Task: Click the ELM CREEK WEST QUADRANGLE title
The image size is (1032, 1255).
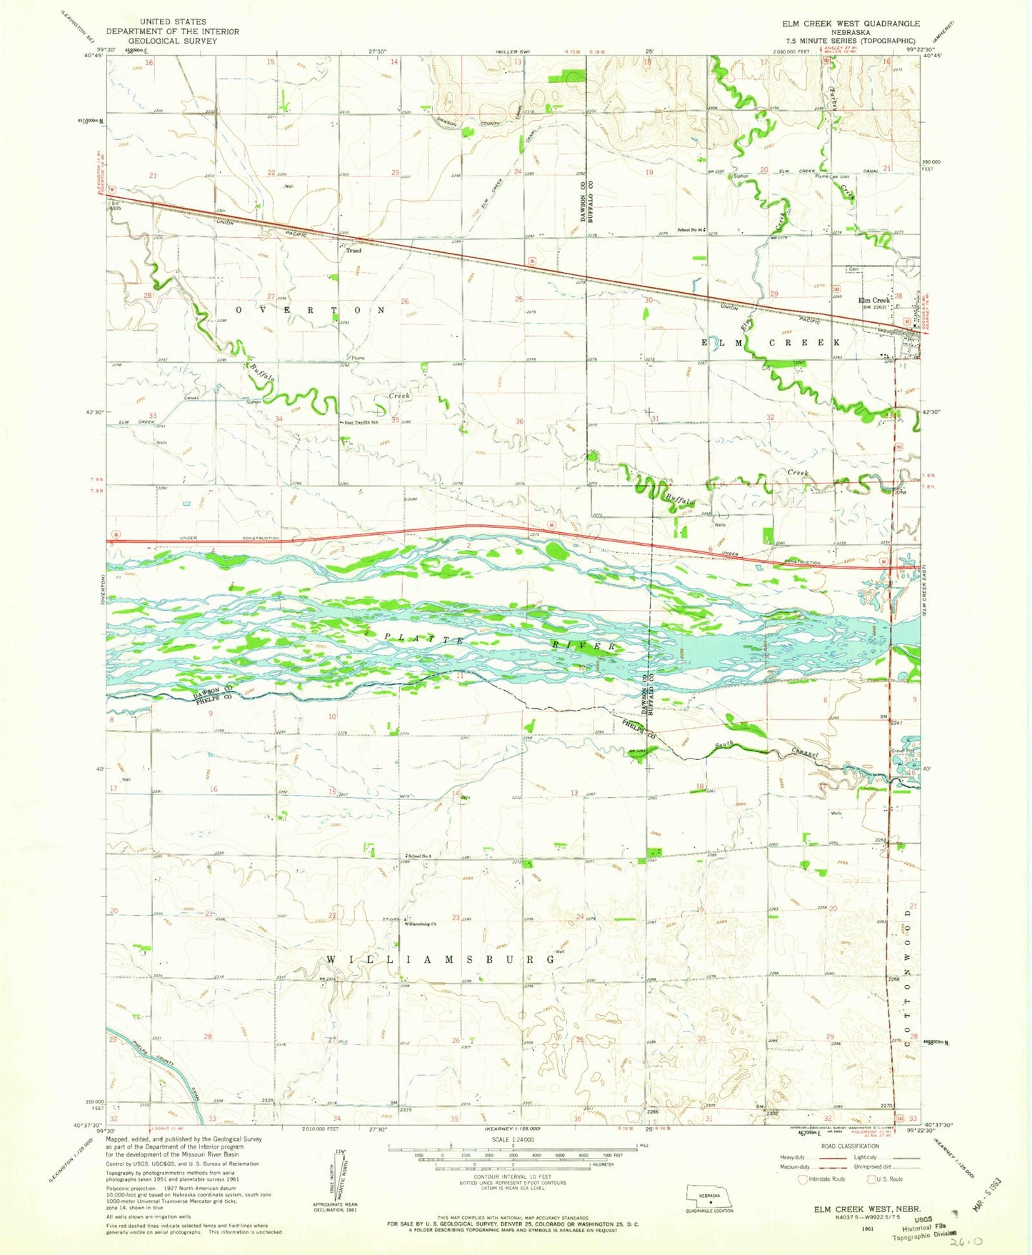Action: [x=850, y=24]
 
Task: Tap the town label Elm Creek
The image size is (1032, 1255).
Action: [x=873, y=300]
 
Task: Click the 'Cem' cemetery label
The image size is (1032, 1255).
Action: [x=852, y=269]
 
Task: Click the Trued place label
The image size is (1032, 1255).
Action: [x=354, y=251]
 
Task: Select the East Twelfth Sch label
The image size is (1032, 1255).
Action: [x=361, y=423]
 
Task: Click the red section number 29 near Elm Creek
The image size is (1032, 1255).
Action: [x=774, y=294]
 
